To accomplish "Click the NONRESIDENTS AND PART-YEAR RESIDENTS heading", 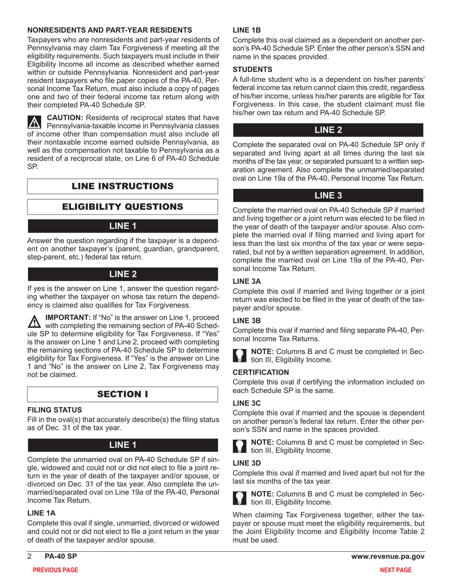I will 110,30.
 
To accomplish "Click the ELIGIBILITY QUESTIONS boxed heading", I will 123,206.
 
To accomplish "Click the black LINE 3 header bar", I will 328,195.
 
